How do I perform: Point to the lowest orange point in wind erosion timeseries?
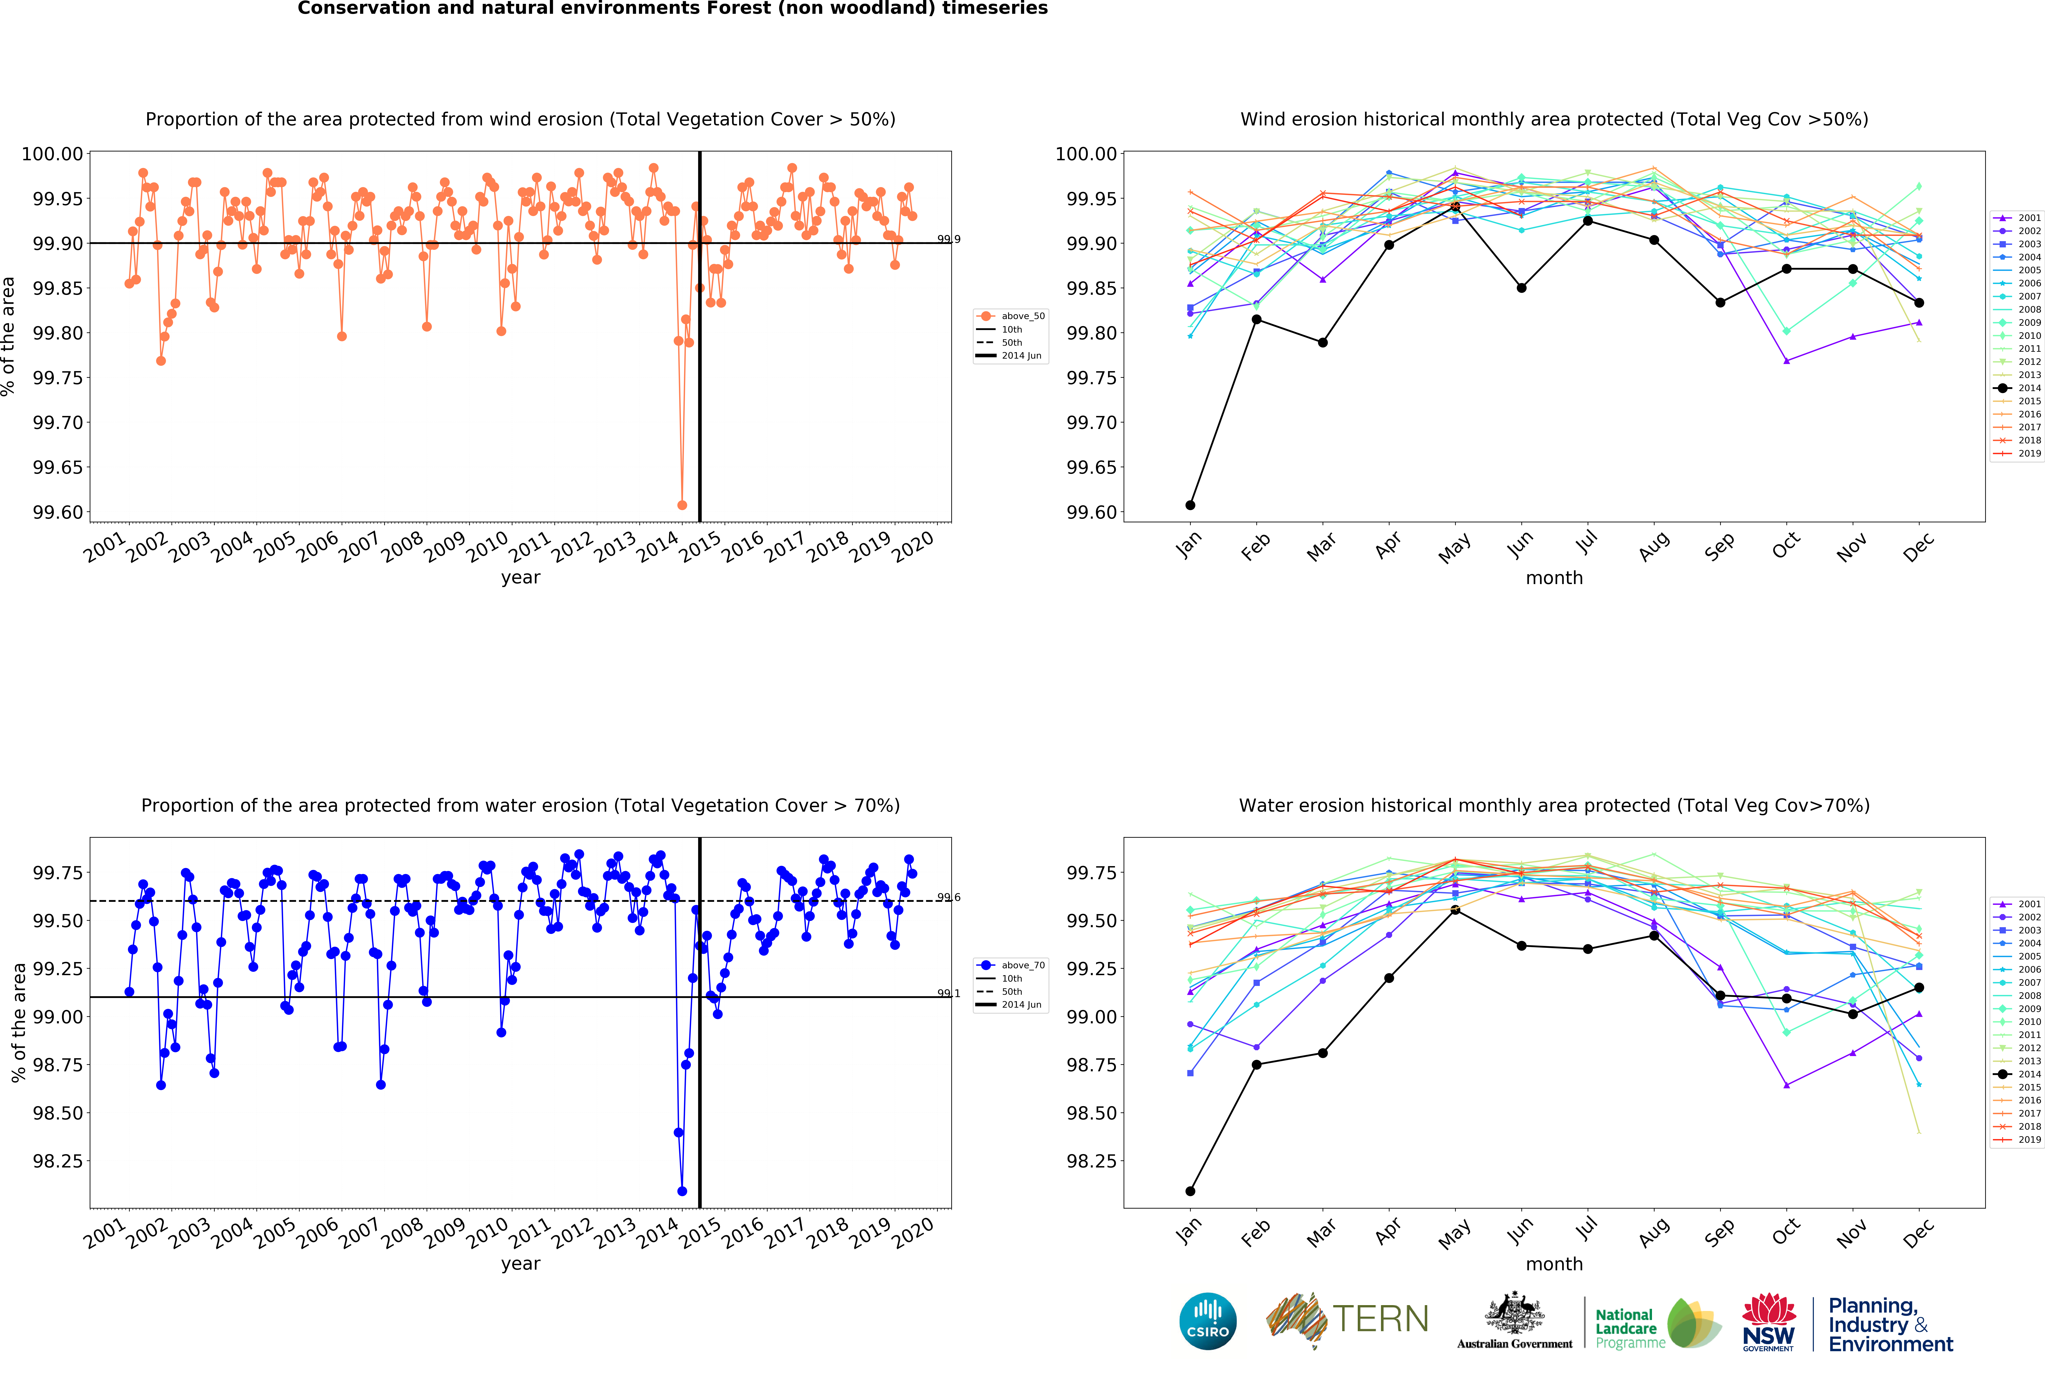682,505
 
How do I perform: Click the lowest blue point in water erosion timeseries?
682,1191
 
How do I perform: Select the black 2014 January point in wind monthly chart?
1190,505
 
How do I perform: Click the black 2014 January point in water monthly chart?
1190,1191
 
